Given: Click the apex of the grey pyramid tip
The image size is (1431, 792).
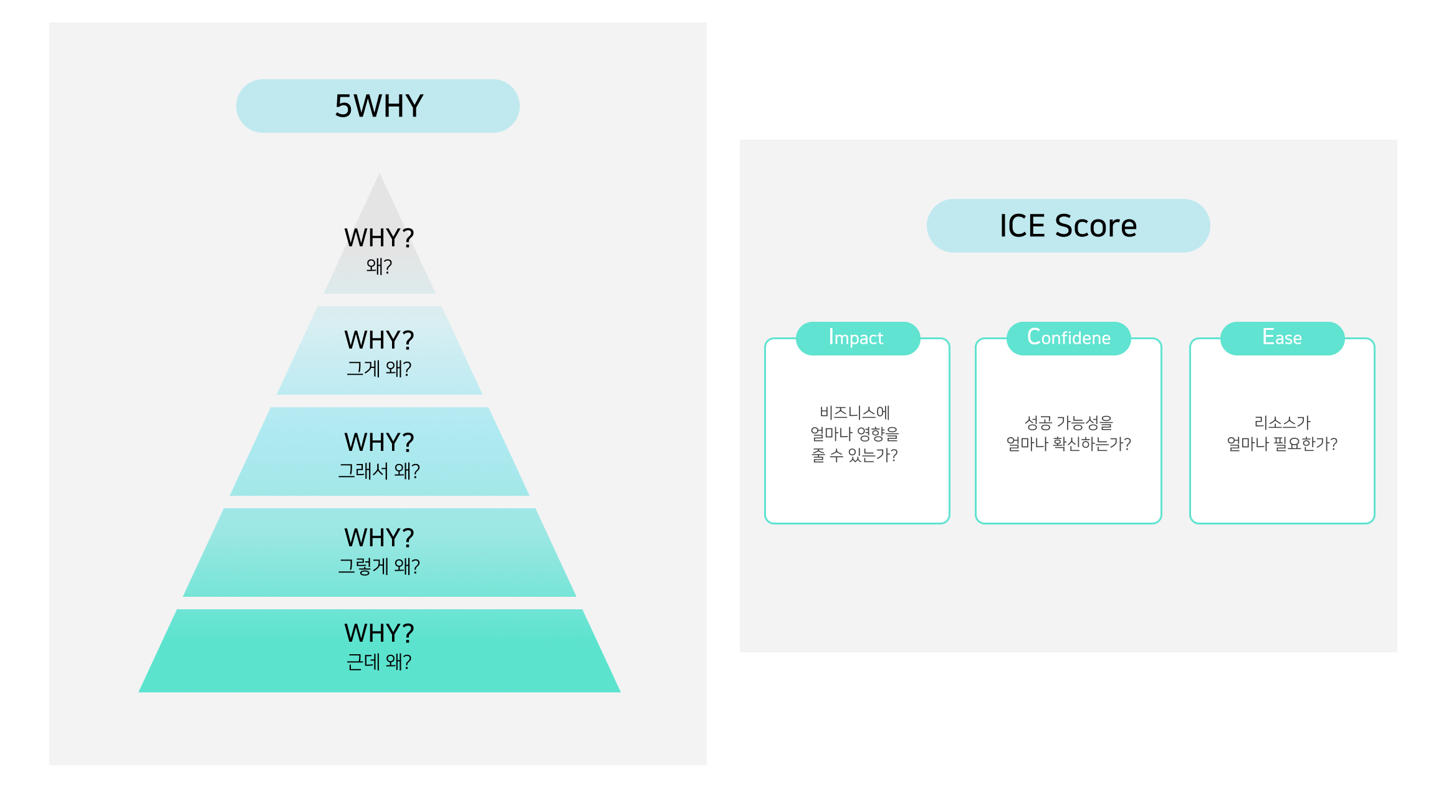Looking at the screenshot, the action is point(380,173).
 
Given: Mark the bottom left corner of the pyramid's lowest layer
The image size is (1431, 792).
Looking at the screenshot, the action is point(139,692).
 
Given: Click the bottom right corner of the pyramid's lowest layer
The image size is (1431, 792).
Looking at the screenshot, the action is point(620,692).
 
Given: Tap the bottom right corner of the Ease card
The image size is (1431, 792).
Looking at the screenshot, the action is point(1374,523).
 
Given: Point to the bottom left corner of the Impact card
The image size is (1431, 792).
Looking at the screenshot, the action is point(766,523).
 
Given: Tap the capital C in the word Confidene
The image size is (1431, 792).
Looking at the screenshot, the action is point(1035,337).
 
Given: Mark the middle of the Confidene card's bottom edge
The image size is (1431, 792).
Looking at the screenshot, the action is point(1068,523).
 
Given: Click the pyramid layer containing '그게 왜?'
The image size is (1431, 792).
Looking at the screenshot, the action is point(380,350).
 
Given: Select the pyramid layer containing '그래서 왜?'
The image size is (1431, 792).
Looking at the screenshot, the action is point(380,452).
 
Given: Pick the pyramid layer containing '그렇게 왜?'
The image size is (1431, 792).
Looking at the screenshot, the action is point(380,553).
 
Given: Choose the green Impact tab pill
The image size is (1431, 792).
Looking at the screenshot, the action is point(858,339).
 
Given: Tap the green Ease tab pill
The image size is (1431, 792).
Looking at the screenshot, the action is point(1282,339).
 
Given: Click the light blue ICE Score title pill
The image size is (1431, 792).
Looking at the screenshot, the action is point(1068,226).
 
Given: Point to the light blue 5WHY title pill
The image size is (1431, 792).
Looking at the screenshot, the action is point(378,106).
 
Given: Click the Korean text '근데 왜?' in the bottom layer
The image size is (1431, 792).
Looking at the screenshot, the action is point(379,662).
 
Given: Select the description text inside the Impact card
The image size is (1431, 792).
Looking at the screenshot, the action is point(854,433).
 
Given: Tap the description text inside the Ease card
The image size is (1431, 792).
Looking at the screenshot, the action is point(1282,433).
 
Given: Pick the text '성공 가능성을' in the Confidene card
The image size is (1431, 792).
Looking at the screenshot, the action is point(1068,423).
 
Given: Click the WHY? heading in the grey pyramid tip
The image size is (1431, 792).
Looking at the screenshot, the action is point(379,238).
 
